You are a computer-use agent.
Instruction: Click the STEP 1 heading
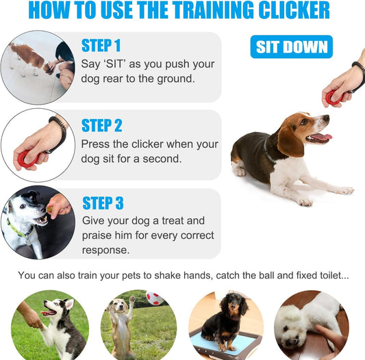101,46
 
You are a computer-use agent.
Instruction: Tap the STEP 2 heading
101,125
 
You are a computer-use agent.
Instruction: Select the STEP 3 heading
103,203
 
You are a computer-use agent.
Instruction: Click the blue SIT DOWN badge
291,47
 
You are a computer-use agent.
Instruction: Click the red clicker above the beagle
334,97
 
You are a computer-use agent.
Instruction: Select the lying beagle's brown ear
290,140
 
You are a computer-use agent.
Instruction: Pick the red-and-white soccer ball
155,298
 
